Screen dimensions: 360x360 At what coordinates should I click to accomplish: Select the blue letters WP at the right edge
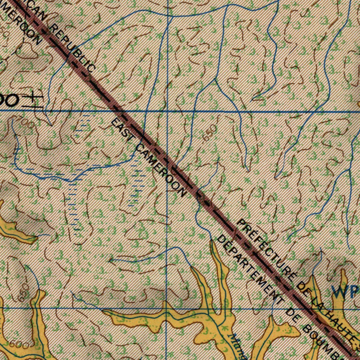click(x=346, y=291)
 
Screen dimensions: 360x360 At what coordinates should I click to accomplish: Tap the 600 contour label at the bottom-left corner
click(x=19, y=345)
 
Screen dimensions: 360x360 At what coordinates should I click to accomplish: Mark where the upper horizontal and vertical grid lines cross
click(x=167, y=111)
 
